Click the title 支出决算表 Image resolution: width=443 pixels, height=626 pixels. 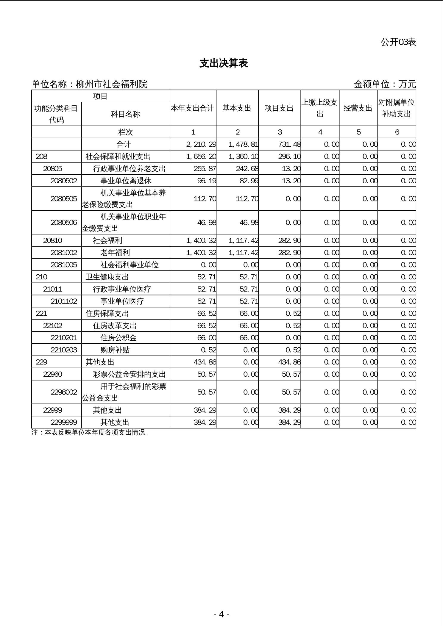[224, 63]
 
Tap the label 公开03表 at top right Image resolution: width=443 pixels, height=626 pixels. [398, 42]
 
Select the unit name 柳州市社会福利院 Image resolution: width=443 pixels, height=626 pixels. [112, 84]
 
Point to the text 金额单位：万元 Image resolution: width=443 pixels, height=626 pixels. [385, 84]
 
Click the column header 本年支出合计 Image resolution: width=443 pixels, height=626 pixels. [193, 108]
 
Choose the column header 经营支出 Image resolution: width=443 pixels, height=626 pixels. [358, 108]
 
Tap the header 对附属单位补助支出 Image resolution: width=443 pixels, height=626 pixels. [397, 108]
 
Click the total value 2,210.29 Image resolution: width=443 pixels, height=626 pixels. [201, 144]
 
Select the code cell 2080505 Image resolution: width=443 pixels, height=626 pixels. [64, 199]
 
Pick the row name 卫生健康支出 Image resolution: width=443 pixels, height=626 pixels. [107, 277]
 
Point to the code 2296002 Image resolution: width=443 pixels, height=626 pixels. [64, 392]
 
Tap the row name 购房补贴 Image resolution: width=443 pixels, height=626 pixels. [115, 350]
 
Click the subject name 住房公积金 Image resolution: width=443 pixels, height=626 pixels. [118, 338]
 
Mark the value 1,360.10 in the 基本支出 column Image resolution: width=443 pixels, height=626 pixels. [243, 156]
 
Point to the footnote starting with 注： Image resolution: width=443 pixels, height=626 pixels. [90, 433]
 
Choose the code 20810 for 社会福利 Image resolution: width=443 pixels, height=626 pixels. [53, 240]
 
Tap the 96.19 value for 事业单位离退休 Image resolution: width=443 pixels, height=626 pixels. [207, 181]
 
